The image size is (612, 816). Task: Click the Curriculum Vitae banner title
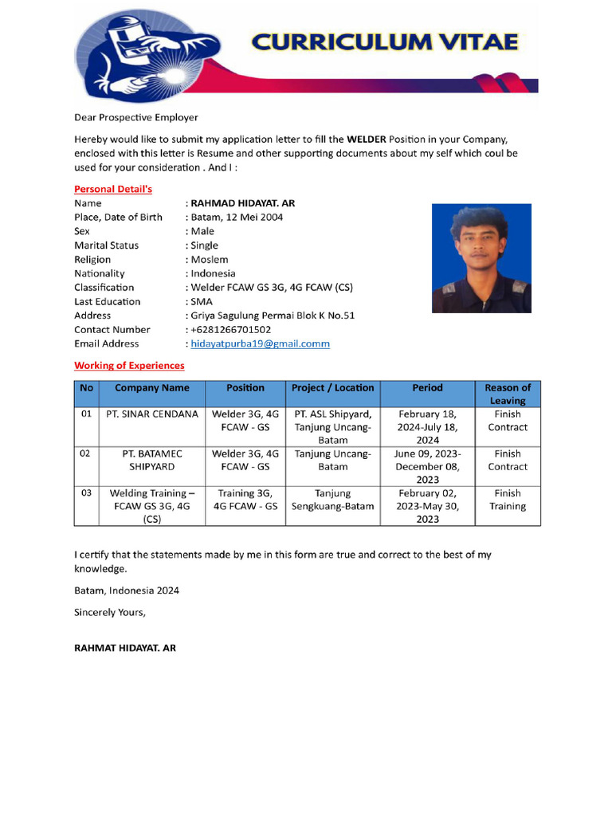pos(385,41)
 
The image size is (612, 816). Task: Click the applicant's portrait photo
pos(481,258)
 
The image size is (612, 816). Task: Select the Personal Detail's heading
pos(112,189)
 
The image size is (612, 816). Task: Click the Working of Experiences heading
pos(129,365)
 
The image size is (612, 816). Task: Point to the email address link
pos(260,343)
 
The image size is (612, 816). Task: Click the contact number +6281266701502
pos(230,329)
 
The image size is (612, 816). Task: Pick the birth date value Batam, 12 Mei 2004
pos(237,217)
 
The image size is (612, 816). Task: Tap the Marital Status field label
pos(106,245)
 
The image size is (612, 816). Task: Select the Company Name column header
pos(152,388)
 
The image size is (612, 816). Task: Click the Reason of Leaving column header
pos(507,394)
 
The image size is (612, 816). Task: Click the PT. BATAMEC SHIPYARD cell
pos(152,460)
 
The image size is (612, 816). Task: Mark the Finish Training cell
pos(507,500)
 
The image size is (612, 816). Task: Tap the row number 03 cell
pos(86,493)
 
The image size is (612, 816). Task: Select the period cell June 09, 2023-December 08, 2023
pos(427,466)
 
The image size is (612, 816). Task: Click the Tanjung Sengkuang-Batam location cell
pos(332,500)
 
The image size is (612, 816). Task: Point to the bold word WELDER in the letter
pos(367,139)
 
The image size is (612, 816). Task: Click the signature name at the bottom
pos(125,648)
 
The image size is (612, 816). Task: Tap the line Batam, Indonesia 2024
pos(127,590)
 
